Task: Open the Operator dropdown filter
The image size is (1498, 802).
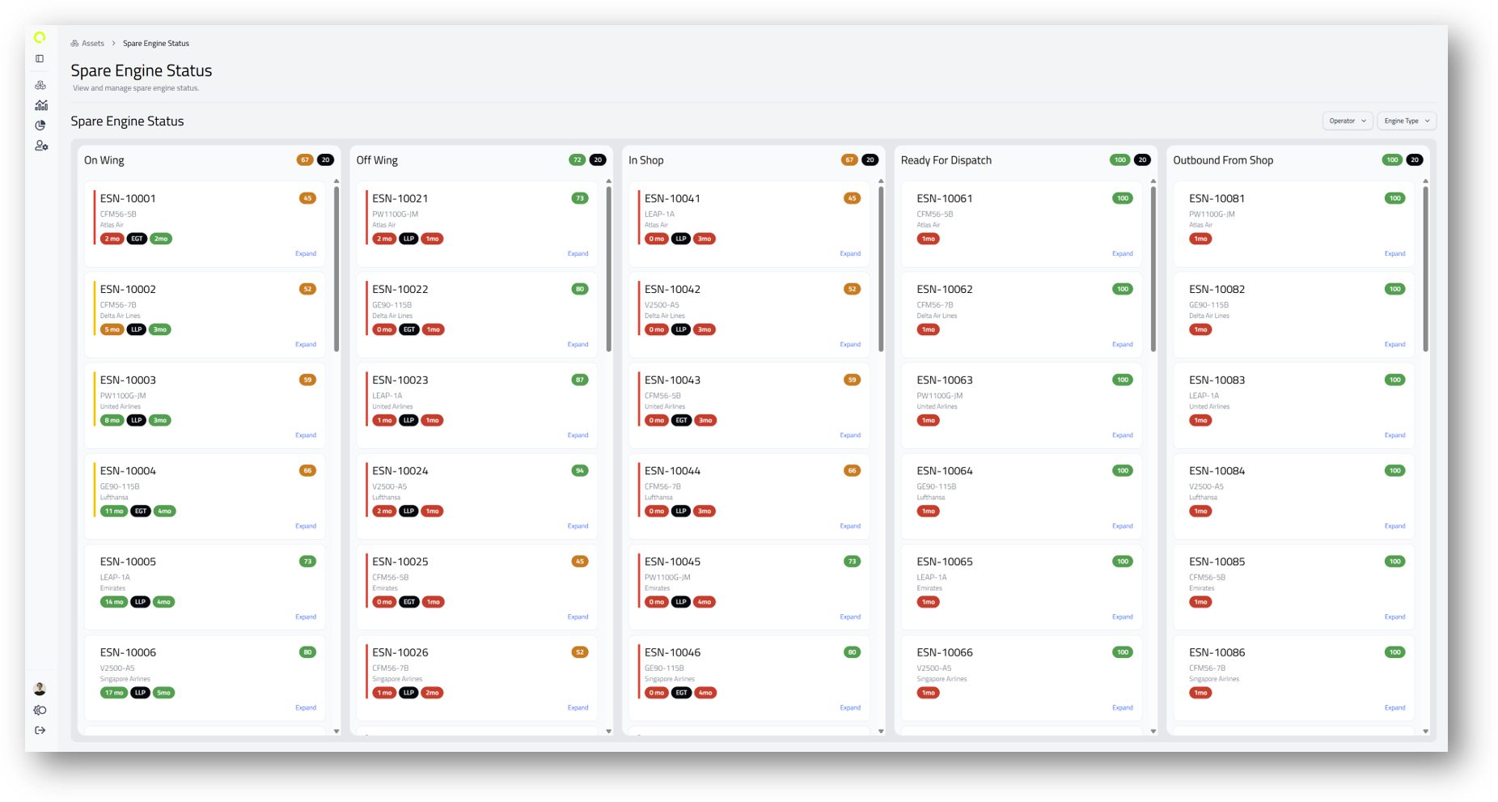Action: click(x=1347, y=121)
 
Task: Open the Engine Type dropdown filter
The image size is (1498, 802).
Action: click(x=1407, y=121)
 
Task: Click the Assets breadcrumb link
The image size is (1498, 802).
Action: click(x=92, y=44)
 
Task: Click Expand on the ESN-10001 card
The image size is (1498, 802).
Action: click(x=306, y=254)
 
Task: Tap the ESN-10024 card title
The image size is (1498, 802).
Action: click(x=400, y=471)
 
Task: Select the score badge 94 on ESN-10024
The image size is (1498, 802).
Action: click(x=579, y=471)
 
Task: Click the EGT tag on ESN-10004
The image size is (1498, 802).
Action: click(x=141, y=511)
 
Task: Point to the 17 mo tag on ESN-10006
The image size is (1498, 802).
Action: click(x=113, y=693)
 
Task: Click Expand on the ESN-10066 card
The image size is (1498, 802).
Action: click(x=1122, y=708)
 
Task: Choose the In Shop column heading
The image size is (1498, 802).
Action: click(x=645, y=160)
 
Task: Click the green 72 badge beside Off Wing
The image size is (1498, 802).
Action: click(x=577, y=160)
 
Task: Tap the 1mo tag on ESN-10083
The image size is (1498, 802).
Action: click(x=1200, y=421)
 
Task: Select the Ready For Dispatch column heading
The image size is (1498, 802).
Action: click(x=946, y=160)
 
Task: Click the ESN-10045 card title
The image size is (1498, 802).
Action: click(x=672, y=562)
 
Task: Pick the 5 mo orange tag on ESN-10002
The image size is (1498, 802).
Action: click(x=112, y=330)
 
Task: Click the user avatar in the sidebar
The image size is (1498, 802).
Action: click(x=40, y=690)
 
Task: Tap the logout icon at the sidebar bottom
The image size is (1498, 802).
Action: click(x=40, y=731)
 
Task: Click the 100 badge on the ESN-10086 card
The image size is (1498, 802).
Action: click(x=1394, y=652)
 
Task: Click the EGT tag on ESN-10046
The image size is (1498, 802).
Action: click(x=682, y=693)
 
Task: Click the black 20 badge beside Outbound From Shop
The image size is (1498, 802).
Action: click(x=1415, y=160)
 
